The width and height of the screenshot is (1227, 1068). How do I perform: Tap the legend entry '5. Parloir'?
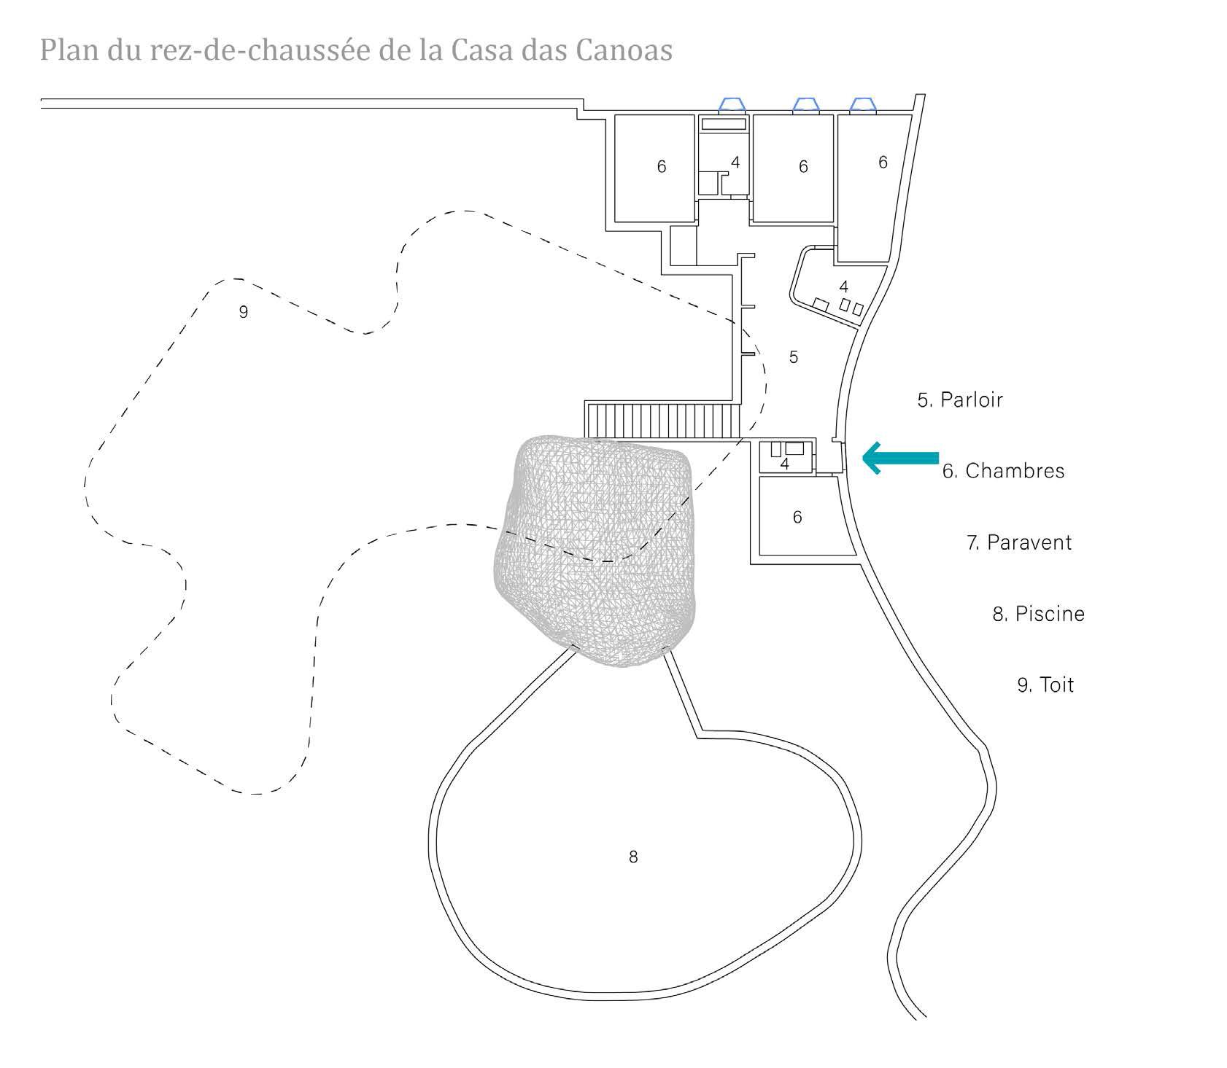(960, 399)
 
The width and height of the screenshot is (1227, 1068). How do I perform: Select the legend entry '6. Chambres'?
(1003, 471)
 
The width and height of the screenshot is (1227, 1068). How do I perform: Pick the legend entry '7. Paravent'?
(1019, 542)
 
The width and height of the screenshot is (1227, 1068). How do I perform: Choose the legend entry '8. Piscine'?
(1038, 614)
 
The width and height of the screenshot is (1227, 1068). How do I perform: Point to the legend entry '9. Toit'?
(1045, 685)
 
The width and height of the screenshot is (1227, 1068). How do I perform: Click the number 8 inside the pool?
(633, 857)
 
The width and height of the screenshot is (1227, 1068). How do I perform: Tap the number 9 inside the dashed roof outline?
(244, 312)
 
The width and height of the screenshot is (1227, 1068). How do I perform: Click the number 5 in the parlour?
(794, 357)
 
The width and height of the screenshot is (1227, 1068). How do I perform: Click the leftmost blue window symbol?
(732, 105)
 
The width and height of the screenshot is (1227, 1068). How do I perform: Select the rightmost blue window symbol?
(863, 105)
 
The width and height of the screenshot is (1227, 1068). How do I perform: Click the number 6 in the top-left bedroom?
(662, 167)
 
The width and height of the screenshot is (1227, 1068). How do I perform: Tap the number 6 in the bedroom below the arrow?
(797, 518)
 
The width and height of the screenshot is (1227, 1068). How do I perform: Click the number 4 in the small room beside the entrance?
(785, 464)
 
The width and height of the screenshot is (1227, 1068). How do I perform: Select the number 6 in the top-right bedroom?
(883, 163)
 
